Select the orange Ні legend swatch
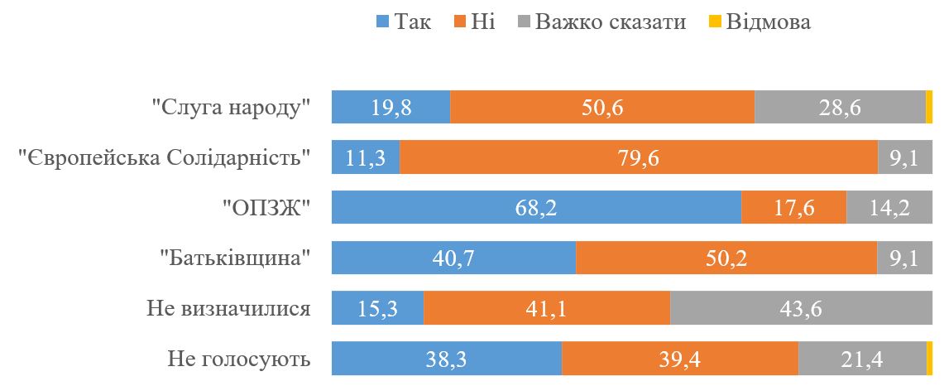tap(460, 22)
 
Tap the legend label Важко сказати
tap(611, 22)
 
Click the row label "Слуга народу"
tap(231, 108)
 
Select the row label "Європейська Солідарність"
tap(165, 158)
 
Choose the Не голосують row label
tap(238, 359)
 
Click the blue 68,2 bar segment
tap(536, 208)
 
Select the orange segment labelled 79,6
tap(639, 157)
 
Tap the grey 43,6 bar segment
tap(801, 308)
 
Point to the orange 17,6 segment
tap(793, 208)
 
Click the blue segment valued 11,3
tap(366, 157)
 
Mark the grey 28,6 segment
tap(840, 108)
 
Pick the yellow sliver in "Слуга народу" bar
tap(929, 108)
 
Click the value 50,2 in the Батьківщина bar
tap(726, 258)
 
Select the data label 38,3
tap(447, 359)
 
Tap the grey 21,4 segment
tap(862, 359)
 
